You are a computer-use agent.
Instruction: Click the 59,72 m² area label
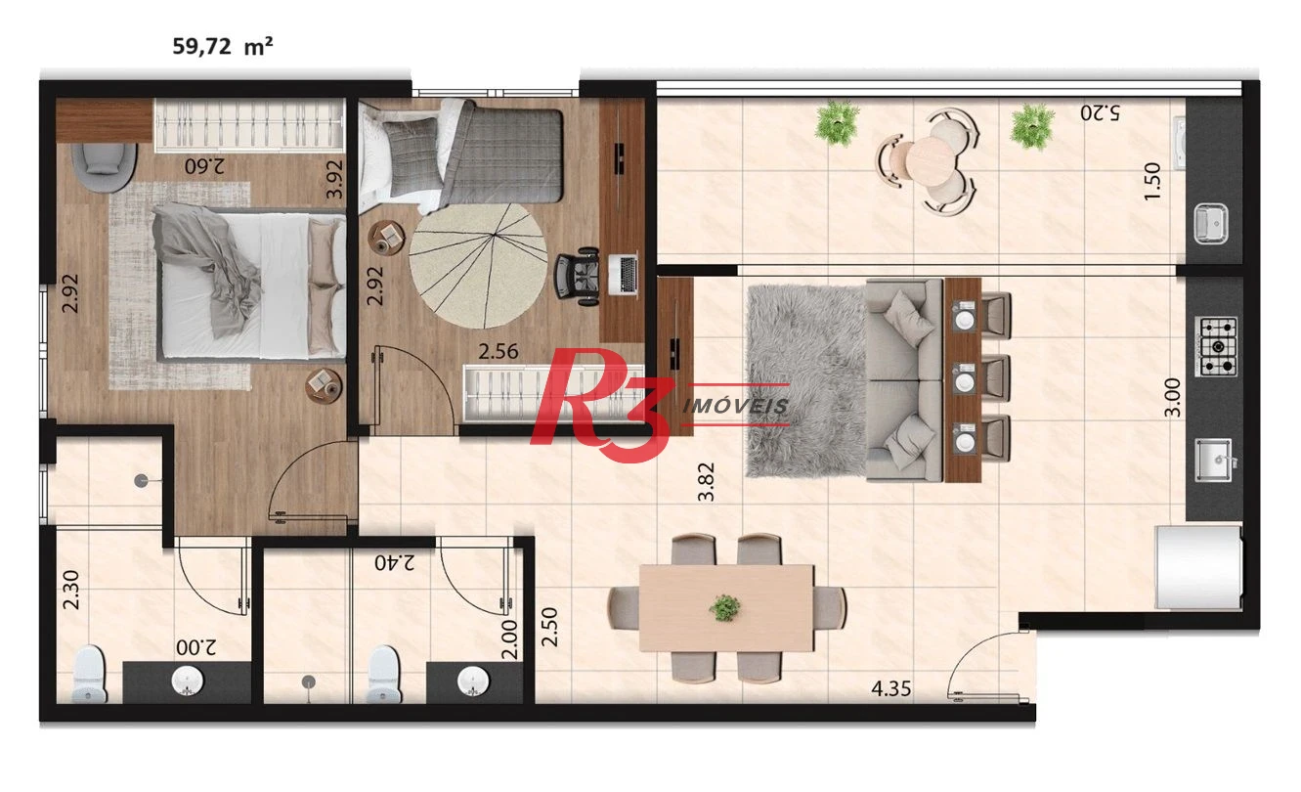223,46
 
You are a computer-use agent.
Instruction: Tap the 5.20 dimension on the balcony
1100,112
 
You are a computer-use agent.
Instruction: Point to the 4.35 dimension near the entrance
890,688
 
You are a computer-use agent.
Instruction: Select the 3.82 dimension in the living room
706,482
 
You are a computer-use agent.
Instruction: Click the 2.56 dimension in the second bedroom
499,351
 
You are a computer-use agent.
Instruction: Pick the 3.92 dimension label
334,180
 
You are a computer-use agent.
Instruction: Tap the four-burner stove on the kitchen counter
1216,346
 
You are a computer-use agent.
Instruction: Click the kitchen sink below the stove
1214,460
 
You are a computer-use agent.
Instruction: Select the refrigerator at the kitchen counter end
1198,567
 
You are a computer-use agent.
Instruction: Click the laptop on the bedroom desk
624,274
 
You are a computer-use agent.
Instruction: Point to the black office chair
578,277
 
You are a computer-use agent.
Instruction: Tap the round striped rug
478,265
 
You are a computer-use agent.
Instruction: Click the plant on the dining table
725,608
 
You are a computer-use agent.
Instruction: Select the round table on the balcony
931,157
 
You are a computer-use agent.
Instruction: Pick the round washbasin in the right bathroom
473,680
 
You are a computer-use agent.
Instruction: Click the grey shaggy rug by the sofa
806,381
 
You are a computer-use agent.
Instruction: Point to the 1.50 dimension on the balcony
1151,181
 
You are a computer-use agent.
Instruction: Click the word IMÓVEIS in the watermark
735,406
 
